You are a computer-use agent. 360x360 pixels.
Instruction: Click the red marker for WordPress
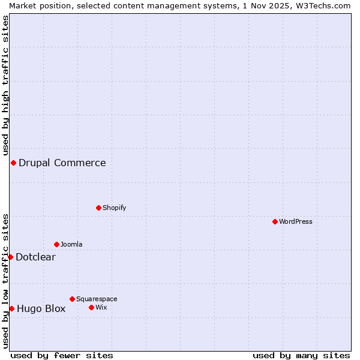click(x=275, y=221)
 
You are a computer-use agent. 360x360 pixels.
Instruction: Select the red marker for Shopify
click(x=98, y=208)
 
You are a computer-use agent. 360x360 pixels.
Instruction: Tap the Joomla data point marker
click(x=56, y=244)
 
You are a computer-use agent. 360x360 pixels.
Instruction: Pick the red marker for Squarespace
click(x=72, y=299)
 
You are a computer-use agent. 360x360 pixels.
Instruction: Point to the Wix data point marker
click(x=91, y=307)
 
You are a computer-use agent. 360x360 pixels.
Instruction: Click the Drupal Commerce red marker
click(x=13, y=163)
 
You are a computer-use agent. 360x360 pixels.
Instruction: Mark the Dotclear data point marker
click(x=10, y=257)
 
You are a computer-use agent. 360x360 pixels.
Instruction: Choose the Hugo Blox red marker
click(x=11, y=308)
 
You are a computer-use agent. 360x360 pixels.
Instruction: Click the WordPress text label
click(x=296, y=221)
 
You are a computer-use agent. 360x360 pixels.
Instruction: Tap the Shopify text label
click(x=114, y=208)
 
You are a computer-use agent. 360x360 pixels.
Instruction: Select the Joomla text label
click(x=71, y=244)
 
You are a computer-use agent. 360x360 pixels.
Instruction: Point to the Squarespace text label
click(x=97, y=299)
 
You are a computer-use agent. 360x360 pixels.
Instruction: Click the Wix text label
click(x=101, y=307)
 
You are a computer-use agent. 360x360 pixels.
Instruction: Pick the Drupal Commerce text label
click(x=62, y=163)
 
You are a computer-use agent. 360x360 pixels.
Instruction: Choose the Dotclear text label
click(x=35, y=257)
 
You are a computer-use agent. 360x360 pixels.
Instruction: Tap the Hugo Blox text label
click(x=41, y=308)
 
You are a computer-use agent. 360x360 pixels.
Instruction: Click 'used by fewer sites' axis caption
click(x=62, y=355)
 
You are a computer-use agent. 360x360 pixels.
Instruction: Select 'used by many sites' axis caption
click(x=301, y=355)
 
